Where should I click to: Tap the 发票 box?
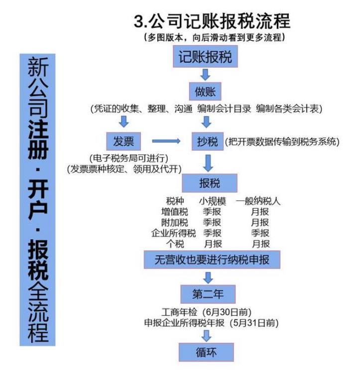(x=123, y=141)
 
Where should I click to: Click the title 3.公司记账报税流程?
(x=212, y=21)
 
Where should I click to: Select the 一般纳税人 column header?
(x=258, y=201)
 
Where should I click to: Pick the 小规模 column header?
(x=213, y=201)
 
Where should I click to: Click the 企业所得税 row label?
(x=173, y=233)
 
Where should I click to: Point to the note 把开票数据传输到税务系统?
(x=282, y=142)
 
